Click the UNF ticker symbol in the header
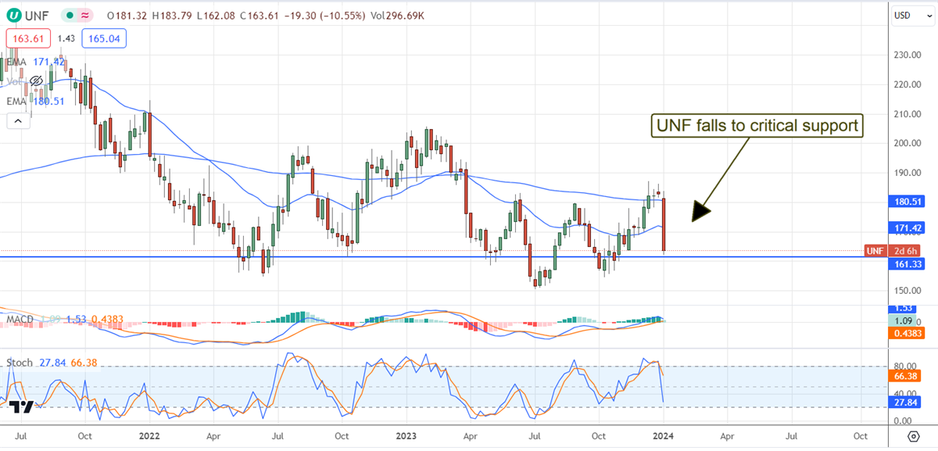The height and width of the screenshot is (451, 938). [x=36, y=15]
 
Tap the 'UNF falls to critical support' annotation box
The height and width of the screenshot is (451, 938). [x=757, y=126]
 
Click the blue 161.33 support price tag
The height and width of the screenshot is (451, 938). [x=907, y=265]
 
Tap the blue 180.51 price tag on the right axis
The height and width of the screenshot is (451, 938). [x=907, y=201]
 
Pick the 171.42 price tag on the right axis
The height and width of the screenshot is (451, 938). [x=907, y=227]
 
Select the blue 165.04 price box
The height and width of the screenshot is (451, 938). [x=105, y=38]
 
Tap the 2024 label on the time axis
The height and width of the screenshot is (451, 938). [x=663, y=435]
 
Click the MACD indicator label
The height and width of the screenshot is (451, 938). [x=20, y=319]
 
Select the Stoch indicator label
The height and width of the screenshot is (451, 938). [x=20, y=363]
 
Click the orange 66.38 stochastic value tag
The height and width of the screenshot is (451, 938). [x=907, y=376]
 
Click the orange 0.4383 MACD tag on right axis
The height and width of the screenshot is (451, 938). [x=907, y=334]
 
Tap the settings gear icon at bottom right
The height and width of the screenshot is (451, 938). [x=912, y=435]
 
